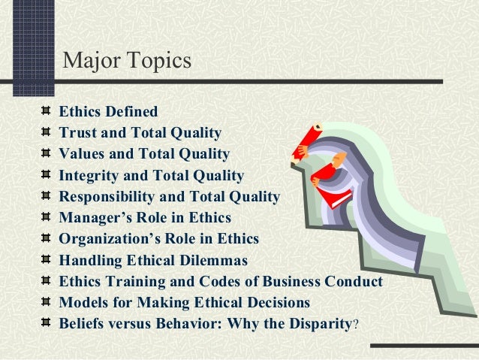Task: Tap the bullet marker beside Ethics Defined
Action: pos(48,112)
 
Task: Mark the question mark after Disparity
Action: pos(356,325)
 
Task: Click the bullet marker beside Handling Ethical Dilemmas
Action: pos(48,261)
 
